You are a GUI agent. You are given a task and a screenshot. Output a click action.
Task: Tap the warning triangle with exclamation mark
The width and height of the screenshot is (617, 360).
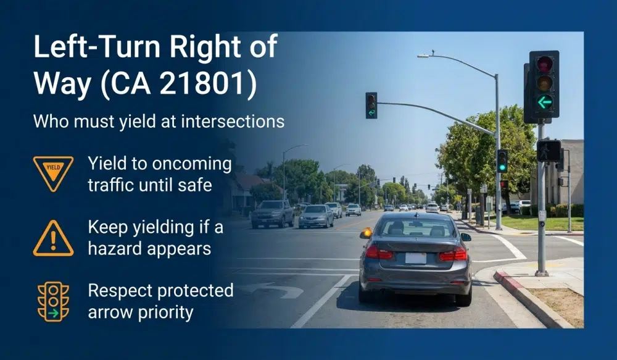[53, 238]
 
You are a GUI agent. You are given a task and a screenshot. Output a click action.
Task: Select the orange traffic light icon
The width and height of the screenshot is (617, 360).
[53, 302]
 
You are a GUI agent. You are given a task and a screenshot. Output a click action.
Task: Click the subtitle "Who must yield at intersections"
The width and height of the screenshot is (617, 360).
[159, 120]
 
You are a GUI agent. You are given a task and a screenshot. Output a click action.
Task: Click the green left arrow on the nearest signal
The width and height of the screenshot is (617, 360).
[544, 103]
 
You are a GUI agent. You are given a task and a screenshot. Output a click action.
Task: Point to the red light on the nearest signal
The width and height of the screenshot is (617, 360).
[544, 64]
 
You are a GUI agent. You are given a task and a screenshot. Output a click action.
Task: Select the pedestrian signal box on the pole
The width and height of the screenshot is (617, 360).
[549, 151]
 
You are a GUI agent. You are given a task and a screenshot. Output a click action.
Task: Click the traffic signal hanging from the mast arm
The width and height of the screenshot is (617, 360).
[371, 105]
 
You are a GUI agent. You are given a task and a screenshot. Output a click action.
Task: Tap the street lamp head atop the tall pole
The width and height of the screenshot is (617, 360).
[423, 56]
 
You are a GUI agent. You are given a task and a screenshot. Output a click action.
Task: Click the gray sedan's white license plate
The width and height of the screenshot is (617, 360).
[415, 257]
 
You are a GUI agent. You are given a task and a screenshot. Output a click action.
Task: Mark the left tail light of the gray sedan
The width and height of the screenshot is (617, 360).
[378, 253]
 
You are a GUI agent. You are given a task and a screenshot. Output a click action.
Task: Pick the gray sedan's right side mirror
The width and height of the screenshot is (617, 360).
[465, 237]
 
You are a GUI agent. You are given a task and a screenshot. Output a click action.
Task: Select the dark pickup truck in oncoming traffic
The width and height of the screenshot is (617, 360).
[272, 214]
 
